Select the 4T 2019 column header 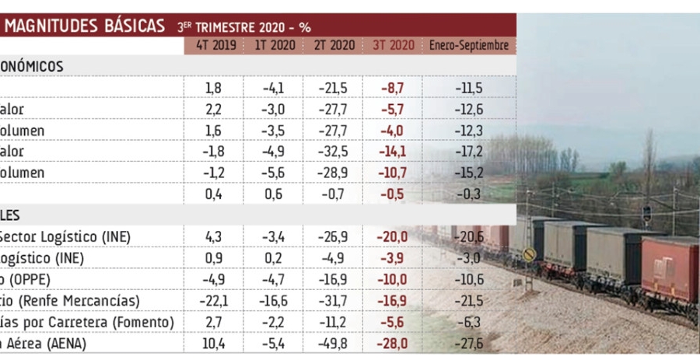213,46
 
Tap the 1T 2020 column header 275,46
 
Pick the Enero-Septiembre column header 469,46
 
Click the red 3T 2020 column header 393,46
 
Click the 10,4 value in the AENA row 213,342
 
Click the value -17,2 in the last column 469,152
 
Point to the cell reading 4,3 213,236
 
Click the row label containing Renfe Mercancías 70,300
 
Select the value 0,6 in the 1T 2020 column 275,194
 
